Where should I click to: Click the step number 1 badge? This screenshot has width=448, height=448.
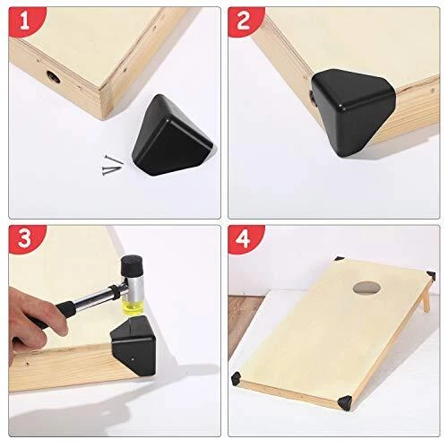coord(25,21)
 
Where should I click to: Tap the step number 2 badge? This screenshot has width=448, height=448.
coord(245,21)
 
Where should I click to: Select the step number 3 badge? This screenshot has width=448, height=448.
coord(25,239)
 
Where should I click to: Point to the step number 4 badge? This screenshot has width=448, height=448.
coord(245,239)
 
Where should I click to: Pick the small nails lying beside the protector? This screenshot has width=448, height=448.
coord(112,166)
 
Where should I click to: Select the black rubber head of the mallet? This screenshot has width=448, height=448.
coord(132,265)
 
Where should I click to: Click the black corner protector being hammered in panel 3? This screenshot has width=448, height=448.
coord(134,347)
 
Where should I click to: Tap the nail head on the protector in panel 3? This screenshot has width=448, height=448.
coord(133,359)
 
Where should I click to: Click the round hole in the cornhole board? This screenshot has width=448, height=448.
coord(366,288)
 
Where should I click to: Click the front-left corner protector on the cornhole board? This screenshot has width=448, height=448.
coord(237,378)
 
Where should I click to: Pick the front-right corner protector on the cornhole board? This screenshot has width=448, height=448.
coord(344,402)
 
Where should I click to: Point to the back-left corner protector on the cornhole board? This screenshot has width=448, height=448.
coord(340,259)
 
